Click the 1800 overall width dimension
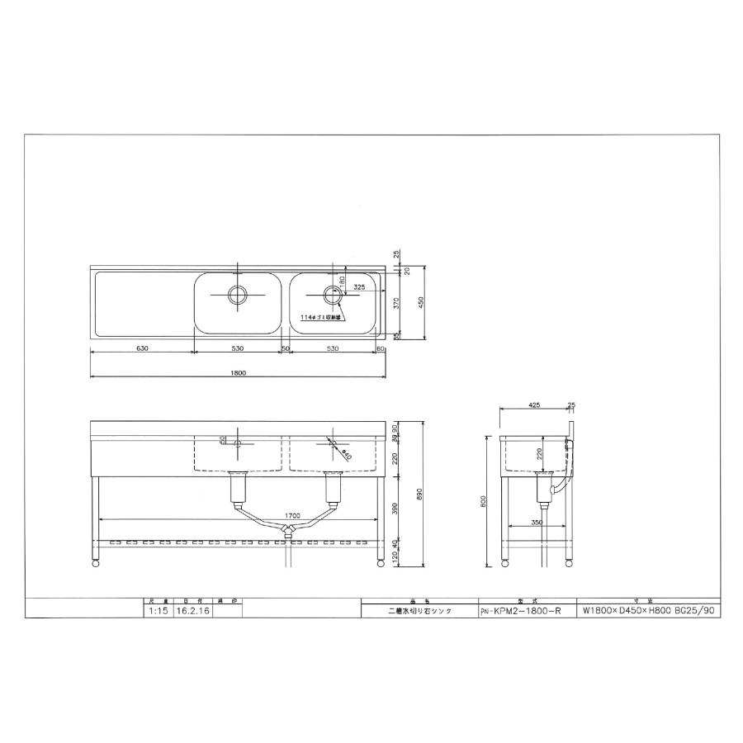point(238,373)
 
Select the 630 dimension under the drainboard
point(141,348)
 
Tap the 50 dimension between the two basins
point(285,348)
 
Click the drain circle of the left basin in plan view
point(238,293)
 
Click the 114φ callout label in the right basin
point(323,317)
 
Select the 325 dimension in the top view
point(358,287)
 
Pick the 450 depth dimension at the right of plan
point(422,303)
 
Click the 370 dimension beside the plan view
point(398,305)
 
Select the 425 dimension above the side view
point(534,406)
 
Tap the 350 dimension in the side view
point(537,523)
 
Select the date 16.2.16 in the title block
point(192,612)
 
